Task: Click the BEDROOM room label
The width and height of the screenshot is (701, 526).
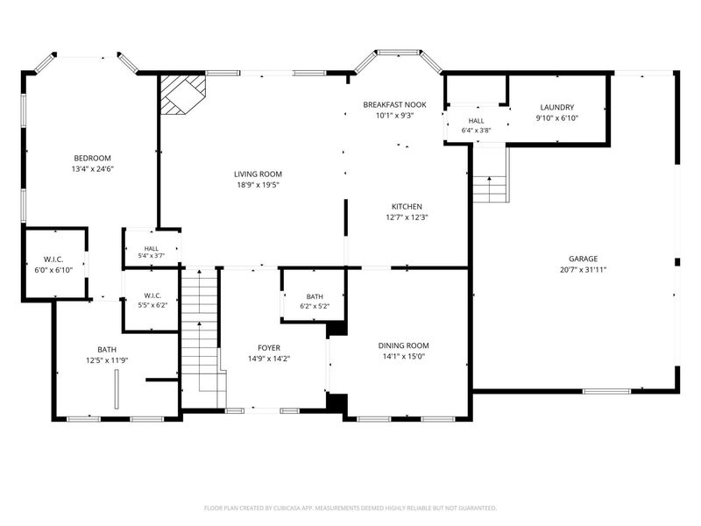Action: click(x=92, y=159)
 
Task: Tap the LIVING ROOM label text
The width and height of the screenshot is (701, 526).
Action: click(x=258, y=174)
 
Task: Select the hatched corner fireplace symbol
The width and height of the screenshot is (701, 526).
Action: click(x=183, y=95)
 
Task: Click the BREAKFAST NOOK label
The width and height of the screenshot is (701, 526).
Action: click(x=394, y=104)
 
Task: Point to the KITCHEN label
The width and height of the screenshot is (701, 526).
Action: click(x=407, y=207)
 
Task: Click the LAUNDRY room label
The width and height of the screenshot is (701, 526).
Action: click(x=557, y=107)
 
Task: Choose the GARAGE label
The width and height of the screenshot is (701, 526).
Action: click(x=583, y=259)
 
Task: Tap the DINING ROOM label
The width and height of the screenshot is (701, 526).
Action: click(x=403, y=345)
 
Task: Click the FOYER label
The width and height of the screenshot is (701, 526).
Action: click(x=269, y=348)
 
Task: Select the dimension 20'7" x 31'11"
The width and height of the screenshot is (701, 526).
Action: click(x=583, y=270)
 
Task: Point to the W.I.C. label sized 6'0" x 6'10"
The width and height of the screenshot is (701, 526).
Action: click(x=53, y=259)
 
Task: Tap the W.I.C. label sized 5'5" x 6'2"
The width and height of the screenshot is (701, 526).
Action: click(x=152, y=295)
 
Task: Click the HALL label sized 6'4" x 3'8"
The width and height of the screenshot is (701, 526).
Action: click(x=476, y=121)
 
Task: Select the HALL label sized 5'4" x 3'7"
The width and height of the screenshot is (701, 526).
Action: click(x=151, y=249)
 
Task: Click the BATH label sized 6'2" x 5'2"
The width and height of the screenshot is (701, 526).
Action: click(x=315, y=296)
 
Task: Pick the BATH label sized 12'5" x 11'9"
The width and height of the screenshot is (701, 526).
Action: click(x=107, y=350)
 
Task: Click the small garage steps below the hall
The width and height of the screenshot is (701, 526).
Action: click(x=491, y=189)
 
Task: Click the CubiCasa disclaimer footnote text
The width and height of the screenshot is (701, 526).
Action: click(x=350, y=508)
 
